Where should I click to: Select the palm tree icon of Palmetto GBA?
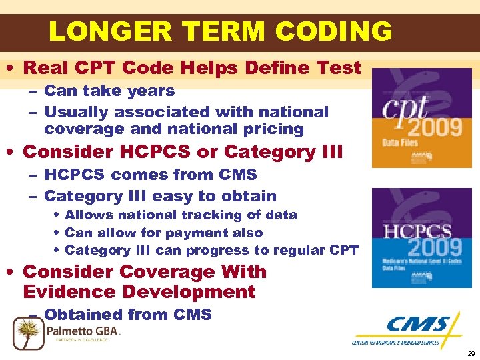[x=28, y=332]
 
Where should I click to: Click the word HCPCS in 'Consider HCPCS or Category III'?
[x=158, y=152]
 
